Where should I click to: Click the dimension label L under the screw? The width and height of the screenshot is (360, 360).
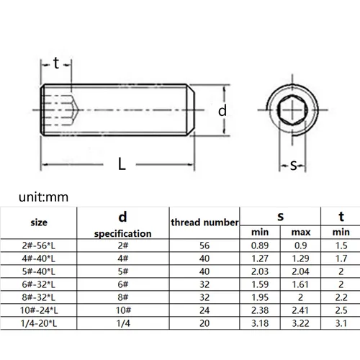coord(122,164)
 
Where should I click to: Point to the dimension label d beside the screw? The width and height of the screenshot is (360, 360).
coord(223,110)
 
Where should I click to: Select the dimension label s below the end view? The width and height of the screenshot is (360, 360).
coord(294,166)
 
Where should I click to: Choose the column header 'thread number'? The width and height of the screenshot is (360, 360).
coord(204,222)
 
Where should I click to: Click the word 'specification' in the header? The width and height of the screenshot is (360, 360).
coord(122,233)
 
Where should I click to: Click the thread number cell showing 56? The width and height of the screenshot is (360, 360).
coord(204,246)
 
